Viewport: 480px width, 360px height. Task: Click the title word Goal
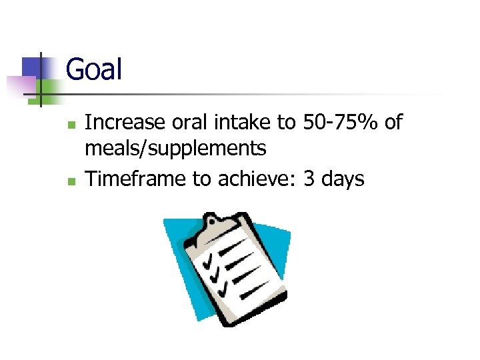click(94, 69)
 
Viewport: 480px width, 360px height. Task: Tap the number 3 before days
click(309, 178)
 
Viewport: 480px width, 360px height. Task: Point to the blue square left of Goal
click(32, 67)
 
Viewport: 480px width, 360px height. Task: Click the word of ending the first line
click(393, 123)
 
